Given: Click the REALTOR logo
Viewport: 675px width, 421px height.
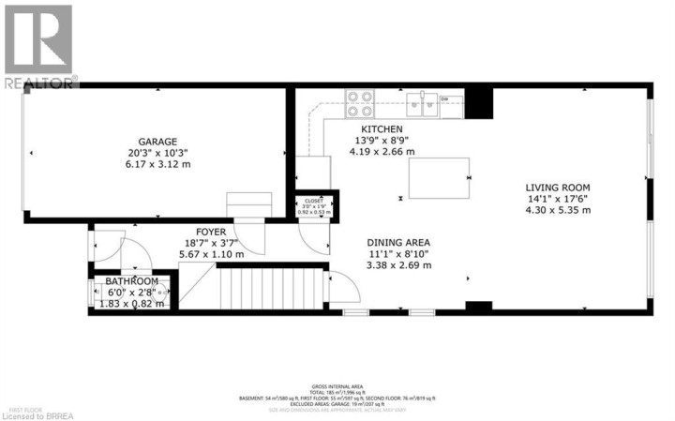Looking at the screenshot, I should (38, 46).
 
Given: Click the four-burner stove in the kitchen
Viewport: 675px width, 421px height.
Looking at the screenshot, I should (360, 101).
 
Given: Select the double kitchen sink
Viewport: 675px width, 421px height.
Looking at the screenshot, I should (425, 102).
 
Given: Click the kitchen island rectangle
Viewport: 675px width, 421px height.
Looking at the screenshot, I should (439, 177).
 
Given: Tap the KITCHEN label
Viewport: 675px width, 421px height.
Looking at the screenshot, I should (382, 129).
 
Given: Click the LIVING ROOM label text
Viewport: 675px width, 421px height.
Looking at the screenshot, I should (557, 187).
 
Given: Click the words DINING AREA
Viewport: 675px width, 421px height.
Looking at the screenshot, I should (398, 241).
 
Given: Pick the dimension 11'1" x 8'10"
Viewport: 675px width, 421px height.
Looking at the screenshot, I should (398, 253).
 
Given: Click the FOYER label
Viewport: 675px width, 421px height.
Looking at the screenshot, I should (210, 231).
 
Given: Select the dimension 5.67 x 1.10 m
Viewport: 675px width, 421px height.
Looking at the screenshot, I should (210, 254).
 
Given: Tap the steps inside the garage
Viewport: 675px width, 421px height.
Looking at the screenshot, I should (249, 205).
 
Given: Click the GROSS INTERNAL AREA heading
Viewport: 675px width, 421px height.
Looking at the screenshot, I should (337, 386).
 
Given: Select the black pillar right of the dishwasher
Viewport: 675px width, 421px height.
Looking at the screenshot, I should (478, 101).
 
